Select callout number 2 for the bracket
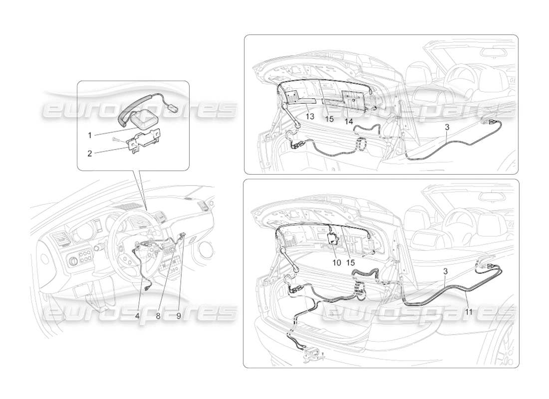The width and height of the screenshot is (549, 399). pos(90,153)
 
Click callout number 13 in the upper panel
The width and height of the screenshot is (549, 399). pos(310,116)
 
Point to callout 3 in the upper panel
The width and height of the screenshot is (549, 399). pos(447,127)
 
